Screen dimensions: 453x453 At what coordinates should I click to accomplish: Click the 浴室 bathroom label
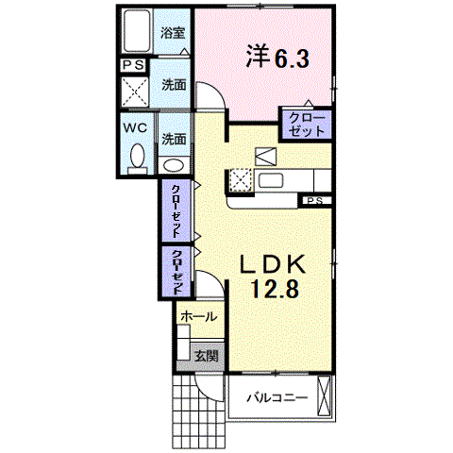[x=173, y=33]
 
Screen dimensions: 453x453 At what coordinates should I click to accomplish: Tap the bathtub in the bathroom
[x=137, y=31]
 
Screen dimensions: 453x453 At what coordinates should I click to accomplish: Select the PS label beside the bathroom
[x=133, y=65]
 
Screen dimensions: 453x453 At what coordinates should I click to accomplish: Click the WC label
[x=135, y=127]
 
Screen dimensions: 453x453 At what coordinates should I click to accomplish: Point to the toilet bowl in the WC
[x=138, y=156]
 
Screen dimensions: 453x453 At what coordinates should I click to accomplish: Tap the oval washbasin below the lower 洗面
[x=174, y=165]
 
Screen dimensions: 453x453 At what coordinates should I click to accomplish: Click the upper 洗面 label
[x=174, y=85]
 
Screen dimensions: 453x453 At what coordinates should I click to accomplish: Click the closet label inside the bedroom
[x=307, y=125]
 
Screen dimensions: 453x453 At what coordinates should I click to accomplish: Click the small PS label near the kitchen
[x=315, y=200]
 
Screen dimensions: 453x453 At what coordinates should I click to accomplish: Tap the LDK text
[x=273, y=264]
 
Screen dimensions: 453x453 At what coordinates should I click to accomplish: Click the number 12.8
[x=275, y=289]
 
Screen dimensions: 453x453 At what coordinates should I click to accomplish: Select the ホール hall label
[x=199, y=316]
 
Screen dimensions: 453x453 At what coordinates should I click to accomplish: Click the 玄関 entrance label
[x=207, y=356]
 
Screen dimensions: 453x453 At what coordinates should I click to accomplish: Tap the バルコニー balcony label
[x=277, y=398]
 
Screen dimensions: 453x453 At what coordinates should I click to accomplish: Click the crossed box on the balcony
[x=325, y=395]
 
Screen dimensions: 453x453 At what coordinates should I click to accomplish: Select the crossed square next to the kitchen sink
[x=241, y=180]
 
